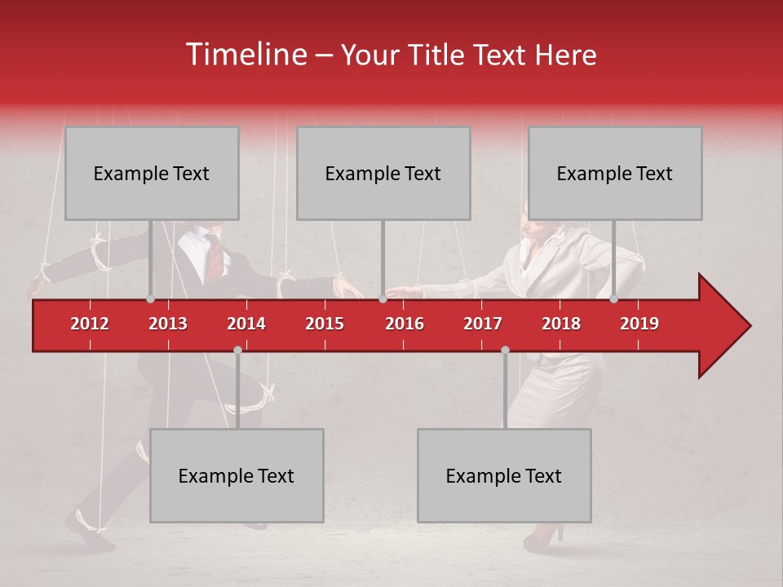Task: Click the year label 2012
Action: pos(90,324)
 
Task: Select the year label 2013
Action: pos(168,324)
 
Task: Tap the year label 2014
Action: pos(246,324)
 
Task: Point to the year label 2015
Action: pos(325,324)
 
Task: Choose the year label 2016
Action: pos(405,324)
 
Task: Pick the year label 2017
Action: pos(483,324)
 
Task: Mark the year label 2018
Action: pos(561,324)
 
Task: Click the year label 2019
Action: pos(639,324)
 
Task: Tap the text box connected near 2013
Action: pos(152,174)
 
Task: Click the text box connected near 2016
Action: pos(383,174)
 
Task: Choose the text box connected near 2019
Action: pos(615,174)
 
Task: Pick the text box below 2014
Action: pos(237,476)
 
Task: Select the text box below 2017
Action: pos(504,476)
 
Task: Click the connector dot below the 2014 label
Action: pos(237,350)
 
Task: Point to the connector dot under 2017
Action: pos(505,350)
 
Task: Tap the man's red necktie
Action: pos(214,257)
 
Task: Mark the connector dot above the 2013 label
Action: pos(150,299)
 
